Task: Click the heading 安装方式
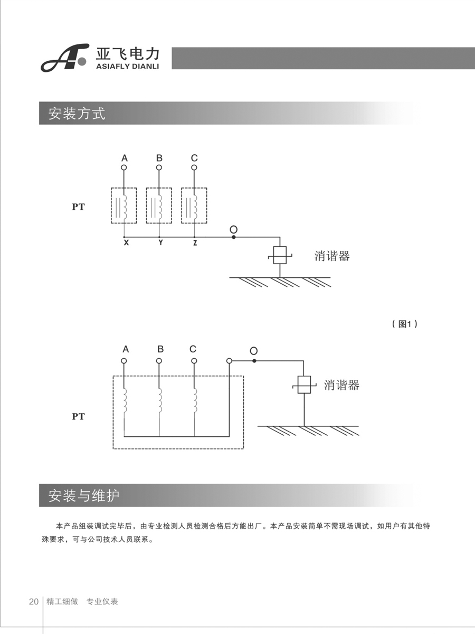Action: [x=77, y=113]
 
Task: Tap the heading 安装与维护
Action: [x=84, y=495]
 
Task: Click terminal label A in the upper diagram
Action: [x=125, y=158]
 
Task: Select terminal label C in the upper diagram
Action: [x=194, y=158]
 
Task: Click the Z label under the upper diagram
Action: [x=195, y=244]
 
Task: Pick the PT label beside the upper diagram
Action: [x=78, y=207]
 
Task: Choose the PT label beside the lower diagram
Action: [x=78, y=417]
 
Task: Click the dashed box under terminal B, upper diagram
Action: [x=159, y=206]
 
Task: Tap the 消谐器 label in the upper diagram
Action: [x=332, y=256]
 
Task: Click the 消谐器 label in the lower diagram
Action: [x=341, y=385]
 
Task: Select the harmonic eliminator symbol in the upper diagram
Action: [x=279, y=256]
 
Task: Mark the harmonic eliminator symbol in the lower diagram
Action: [x=304, y=384]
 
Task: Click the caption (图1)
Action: [x=405, y=324]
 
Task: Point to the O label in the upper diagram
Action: [x=233, y=229]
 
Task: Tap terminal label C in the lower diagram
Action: [x=193, y=349]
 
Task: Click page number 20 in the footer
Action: [x=33, y=602]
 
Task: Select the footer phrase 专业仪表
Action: [x=102, y=602]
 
